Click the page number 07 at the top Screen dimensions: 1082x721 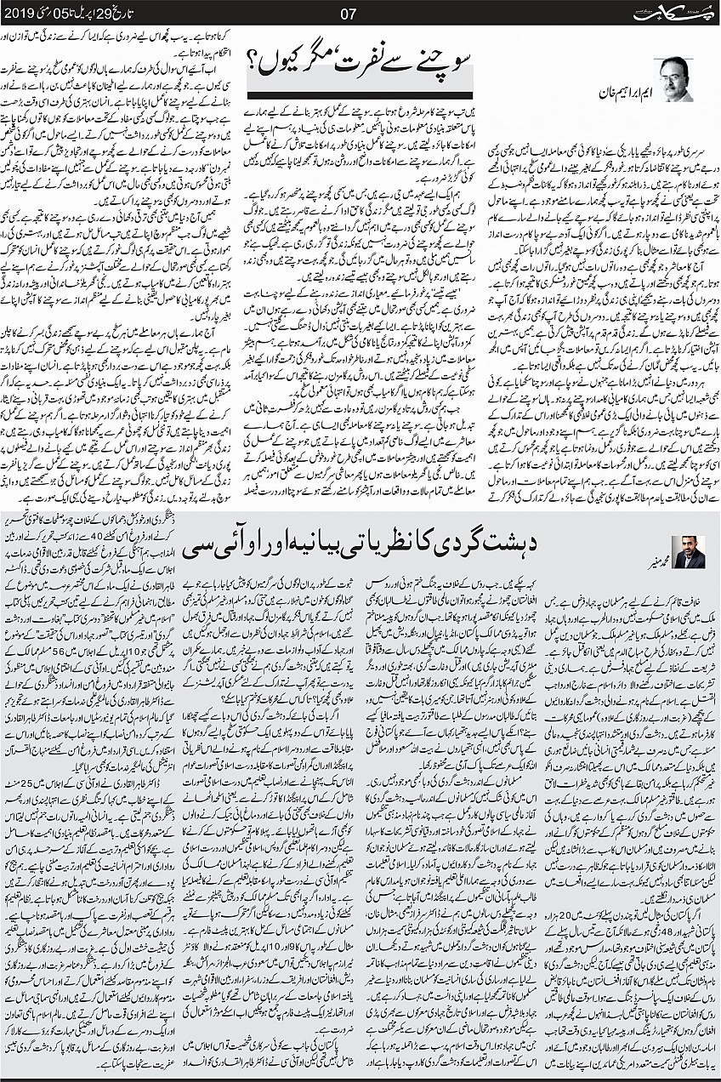(360, 12)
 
